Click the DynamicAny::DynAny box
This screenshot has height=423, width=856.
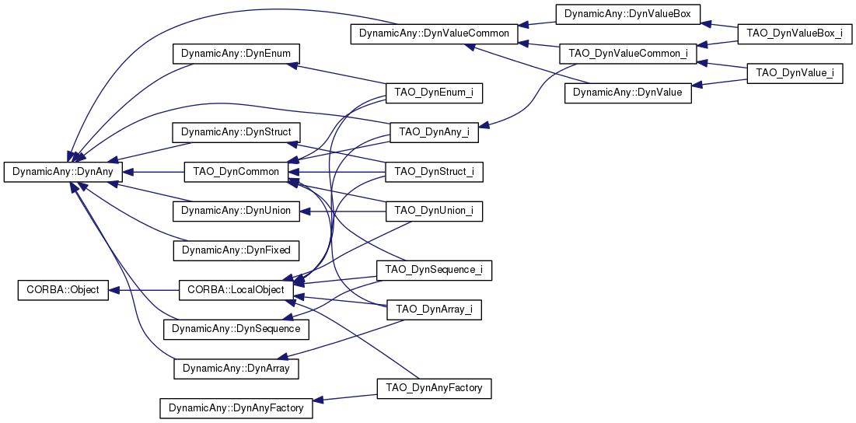[x=63, y=172]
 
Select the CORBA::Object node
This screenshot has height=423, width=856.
[x=63, y=290]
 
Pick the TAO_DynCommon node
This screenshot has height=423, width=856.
[x=236, y=172]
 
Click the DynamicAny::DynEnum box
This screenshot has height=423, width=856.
[x=236, y=54]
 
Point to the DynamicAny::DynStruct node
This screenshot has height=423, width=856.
[x=236, y=132]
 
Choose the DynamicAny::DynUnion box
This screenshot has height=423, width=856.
[x=236, y=211]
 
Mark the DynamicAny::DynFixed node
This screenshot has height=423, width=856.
[x=236, y=250]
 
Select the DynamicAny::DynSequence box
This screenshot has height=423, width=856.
[x=236, y=329]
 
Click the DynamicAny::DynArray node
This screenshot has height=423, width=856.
[x=236, y=369]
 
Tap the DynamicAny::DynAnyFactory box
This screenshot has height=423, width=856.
[x=236, y=407]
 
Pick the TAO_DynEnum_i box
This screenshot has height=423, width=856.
[x=434, y=93]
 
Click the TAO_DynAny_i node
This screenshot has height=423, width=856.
[x=434, y=132]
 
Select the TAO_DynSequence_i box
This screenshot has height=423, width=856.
[x=434, y=270]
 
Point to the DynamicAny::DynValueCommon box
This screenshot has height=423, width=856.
[x=434, y=34]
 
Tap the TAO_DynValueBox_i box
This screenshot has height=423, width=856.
[x=794, y=34]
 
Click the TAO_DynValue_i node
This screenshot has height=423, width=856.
[x=794, y=73]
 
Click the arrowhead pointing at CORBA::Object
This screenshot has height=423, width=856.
[x=114, y=290]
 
